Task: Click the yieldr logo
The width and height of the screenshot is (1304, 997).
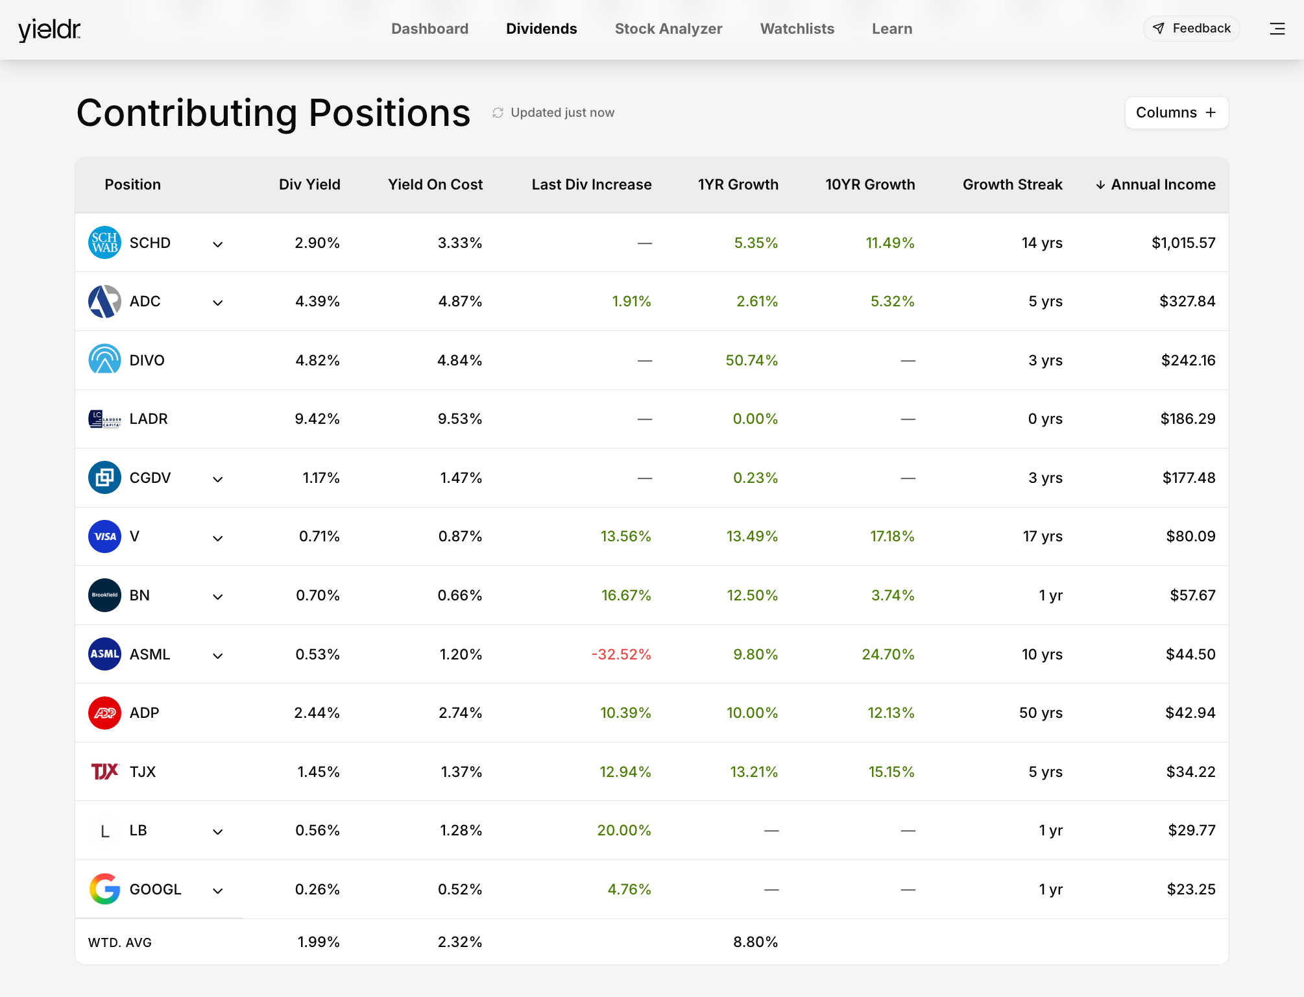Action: pyautogui.click(x=49, y=30)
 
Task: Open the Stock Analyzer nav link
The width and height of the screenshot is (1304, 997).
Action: pyautogui.click(x=668, y=29)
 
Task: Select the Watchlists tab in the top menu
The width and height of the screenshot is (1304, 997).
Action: pyautogui.click(x=797, y=29)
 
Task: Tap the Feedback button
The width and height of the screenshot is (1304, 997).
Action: pyautogui.click(x=1191, y=29)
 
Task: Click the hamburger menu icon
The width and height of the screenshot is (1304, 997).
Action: pyautogui.click(x=1277, y=29)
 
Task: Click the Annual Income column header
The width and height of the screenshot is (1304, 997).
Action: pyautogui.click(x=1155, y=184)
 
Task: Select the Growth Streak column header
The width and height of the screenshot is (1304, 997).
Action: pyautogui.click(x=1012, y=184)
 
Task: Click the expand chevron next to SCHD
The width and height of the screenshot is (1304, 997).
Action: pyautogui.click(x=218, y=244)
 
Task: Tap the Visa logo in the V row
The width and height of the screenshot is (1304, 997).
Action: pyautogui.click(x=104, y=537)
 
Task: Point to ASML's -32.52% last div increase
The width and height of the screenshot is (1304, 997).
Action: pyautogui.click(x=621, y=654)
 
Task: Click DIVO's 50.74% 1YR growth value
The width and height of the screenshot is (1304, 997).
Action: pyautogui.click(x=751, y=360)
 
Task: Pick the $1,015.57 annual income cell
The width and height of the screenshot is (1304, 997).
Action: pyautogui.click(x=1183, y=243)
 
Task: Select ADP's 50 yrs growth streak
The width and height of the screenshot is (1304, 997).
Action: pyautogui.click(x=1041, y=713)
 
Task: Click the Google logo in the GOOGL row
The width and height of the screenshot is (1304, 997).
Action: pyautogui.click(x=104, y=889)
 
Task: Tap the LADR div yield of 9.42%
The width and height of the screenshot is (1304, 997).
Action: pyautogui.click(x=317, y=419)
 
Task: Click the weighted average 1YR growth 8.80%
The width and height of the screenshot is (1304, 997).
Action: pyautogui.click(x=755, y=942)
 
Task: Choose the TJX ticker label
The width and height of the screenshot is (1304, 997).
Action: pyautogui.click(x=143, y=772)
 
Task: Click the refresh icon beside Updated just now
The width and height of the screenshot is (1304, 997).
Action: pyautogui.click(x=498, y=113)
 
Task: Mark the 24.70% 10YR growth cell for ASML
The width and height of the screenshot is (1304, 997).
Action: pyautogui.click(x=887, y=654)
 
